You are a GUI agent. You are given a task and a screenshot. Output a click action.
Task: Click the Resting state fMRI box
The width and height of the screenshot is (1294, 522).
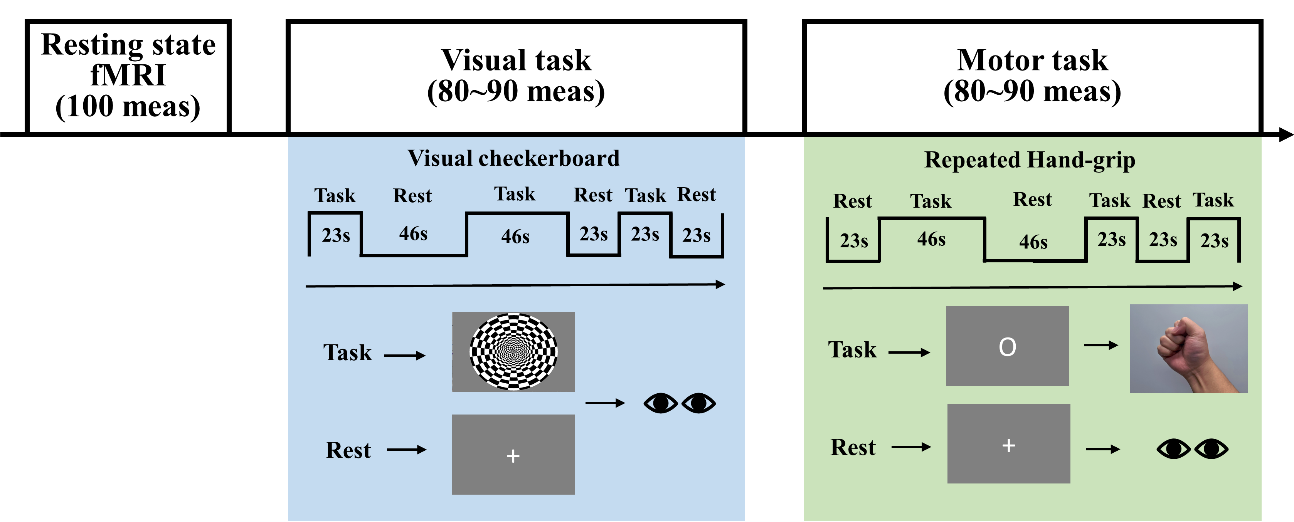(x=128, y=76)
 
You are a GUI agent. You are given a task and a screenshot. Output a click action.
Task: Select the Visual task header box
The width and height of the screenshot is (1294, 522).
(x=516, y=76)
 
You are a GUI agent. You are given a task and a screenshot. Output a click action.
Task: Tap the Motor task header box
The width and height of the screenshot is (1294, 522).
(x=1032, y=76)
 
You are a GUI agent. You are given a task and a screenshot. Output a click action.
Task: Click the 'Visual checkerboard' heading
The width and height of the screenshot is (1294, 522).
(x=513, y=159)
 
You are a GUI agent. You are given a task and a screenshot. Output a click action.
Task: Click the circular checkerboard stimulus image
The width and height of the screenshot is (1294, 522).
(x=513, y=351)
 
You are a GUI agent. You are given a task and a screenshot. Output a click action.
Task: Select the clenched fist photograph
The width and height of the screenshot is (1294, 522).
(x=1188, y=348)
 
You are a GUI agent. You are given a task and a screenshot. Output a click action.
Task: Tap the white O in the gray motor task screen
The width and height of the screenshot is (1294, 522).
(x=1007, y=347)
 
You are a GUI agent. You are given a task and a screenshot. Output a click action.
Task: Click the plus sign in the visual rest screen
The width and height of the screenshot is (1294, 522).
(x=513, y=456)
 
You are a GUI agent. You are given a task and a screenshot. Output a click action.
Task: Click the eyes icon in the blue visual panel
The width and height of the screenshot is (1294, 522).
(x=680, y=403)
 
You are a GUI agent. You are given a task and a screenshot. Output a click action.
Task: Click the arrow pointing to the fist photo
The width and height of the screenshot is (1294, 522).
(x=1100, y=345)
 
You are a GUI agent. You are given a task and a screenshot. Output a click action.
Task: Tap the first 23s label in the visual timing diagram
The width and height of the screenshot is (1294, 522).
(x=336, y=235)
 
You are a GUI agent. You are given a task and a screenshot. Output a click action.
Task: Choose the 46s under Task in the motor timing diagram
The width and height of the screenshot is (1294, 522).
(x=931, y=239)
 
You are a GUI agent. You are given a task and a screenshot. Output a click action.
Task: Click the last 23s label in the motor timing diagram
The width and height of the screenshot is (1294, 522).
(x=1214, y=241)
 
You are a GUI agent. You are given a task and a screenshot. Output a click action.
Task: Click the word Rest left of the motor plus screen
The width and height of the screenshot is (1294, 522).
(x=853, y=447)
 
